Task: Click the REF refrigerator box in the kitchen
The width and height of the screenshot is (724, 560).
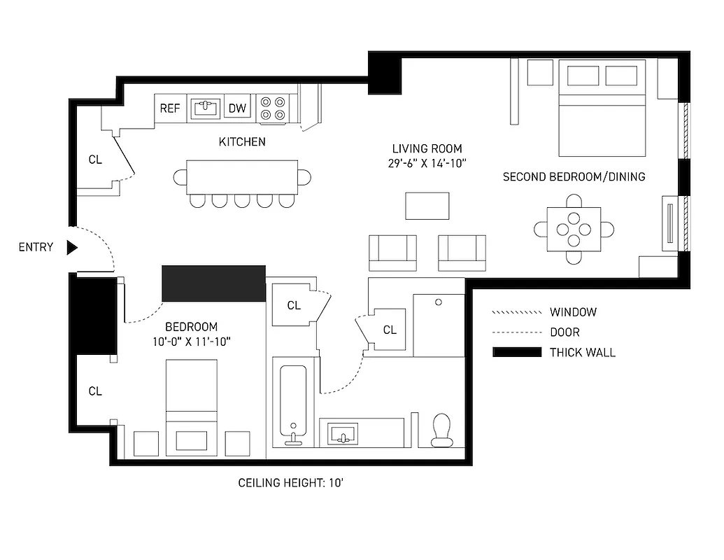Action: coord(170,108)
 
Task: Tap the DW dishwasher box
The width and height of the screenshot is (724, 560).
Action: coord(238,108)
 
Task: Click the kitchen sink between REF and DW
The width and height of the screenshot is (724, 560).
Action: coord(205,108)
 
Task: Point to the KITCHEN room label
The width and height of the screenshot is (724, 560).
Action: coord(242,141)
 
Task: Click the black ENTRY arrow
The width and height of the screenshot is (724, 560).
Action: coord(71,247)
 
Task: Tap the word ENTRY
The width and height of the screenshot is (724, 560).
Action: coord(36,247)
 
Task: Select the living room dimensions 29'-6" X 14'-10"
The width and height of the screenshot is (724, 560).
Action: coord(426,162)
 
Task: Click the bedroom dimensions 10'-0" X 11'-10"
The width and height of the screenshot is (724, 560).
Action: coord(191,341)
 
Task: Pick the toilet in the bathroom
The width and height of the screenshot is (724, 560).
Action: coord(441,430)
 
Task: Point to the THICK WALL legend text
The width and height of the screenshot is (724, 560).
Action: coord(582,352)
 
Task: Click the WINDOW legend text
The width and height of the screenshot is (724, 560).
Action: coord(573,312)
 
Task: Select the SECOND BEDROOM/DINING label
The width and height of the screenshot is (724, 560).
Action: coord(574,177)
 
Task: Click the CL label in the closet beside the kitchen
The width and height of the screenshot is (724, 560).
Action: coord(95,160)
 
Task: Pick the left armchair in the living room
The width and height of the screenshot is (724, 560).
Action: coord(392,252)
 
